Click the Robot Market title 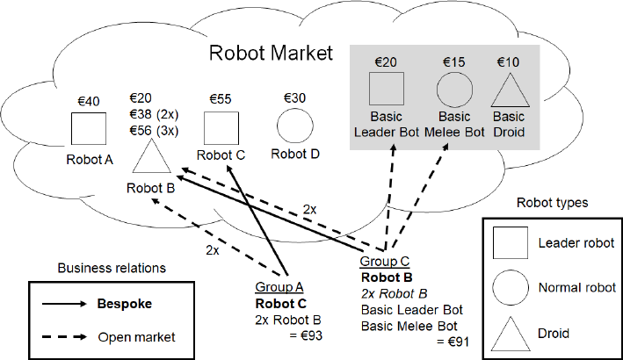tap(271, 54)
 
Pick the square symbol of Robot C tap(221, 128)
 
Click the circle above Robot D tap(295, 126)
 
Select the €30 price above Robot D tap(294, 99)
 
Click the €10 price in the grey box tap(508, 62)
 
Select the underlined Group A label tap(279, 286)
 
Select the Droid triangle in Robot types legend tap(510, 332)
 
